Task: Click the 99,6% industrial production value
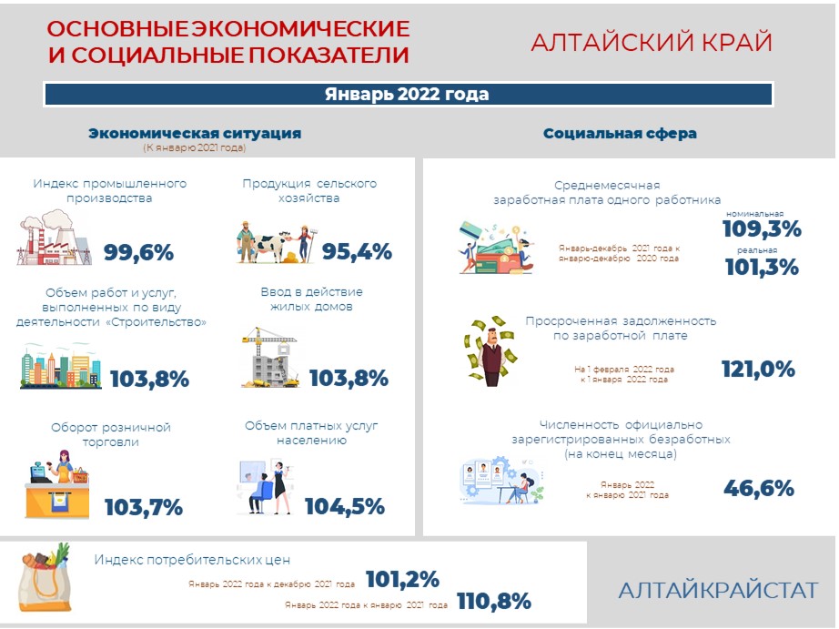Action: coord(138,252)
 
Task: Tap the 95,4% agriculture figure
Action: coord(357,251)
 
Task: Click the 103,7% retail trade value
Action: coord(144,507)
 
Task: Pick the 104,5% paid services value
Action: coord(345,506)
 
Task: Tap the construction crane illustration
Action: coord(270,357)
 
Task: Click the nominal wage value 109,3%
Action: coord(762,229)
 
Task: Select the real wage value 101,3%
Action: coord(762,267)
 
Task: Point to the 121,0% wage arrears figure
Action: coord(758,370)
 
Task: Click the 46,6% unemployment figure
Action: coord(759,488)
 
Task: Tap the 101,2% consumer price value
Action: coord(403,579)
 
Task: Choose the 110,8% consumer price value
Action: coord(494,601)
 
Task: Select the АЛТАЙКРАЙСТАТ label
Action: coord(718,591)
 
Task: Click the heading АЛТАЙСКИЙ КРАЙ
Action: coord(652,43)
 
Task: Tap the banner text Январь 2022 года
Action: coord(407,95)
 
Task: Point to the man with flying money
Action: coord(490,350)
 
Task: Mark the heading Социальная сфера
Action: coord(620,133)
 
